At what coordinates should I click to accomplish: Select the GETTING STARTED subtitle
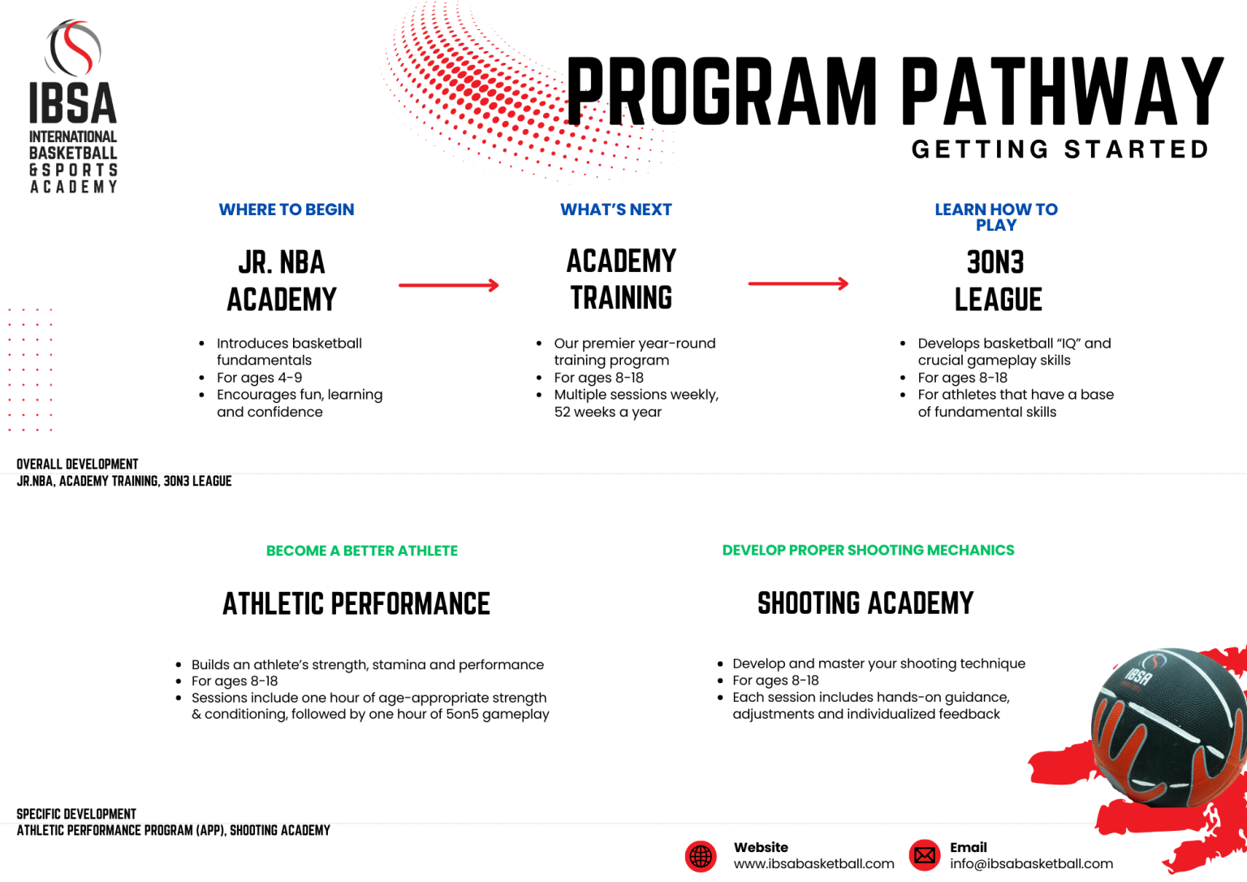coord(1060,149)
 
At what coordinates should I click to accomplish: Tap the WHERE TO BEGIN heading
coord(287,210)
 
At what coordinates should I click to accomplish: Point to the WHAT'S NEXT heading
coord(616,210)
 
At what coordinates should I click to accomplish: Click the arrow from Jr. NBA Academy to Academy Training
coord(448,285)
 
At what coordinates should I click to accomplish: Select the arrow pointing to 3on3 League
coord(798,283)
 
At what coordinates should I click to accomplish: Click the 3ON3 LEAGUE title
coord(997,281)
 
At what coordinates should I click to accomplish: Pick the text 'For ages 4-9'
coord(259,378)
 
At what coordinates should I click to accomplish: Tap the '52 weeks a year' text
coord(607,412)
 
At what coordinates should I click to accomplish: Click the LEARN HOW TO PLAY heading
coord(996,217)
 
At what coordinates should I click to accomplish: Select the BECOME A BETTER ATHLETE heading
coord(362,551)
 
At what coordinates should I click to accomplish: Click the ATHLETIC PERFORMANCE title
coord(356,604)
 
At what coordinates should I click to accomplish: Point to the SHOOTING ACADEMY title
coord(865,603)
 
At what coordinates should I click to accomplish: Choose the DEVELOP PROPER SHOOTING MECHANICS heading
coord(868,550)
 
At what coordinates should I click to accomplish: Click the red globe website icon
coord(701,856)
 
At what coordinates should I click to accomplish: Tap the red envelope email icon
coord(924,855)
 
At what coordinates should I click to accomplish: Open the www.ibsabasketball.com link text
coord(813,864)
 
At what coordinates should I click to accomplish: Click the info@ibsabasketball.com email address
coord(1031,864)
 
